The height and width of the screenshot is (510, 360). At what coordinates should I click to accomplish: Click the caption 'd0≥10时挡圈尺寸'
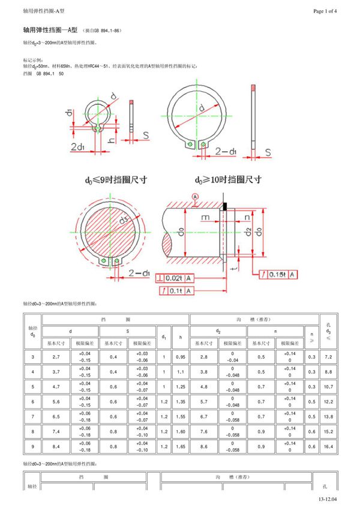click(227, 179)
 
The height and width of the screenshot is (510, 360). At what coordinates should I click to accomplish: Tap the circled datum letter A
click(194, 197)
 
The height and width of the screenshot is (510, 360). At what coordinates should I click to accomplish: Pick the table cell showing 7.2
click(328, 357)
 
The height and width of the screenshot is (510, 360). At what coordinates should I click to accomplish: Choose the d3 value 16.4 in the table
click(328, 446)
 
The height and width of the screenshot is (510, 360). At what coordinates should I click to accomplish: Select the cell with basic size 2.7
click(56, 357)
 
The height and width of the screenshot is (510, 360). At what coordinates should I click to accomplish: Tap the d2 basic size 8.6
click(203, 446)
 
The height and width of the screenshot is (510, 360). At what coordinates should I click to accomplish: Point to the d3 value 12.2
click(328, 401)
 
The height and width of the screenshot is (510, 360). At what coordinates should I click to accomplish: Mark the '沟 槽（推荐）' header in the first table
click(254, 320)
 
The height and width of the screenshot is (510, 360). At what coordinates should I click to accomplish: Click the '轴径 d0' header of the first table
click(32, 331)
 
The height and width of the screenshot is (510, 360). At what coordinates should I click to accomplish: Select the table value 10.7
click(328, 387)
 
